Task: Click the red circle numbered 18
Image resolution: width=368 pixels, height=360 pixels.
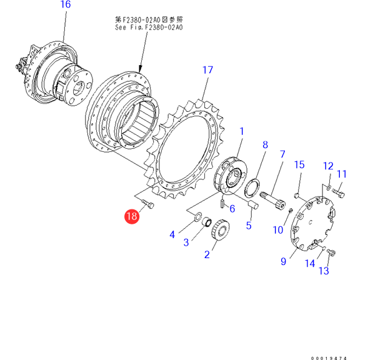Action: click(132, 216)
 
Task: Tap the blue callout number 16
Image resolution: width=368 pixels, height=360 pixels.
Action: click(66, 4)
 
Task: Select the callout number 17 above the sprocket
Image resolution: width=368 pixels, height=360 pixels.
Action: click(207, 70)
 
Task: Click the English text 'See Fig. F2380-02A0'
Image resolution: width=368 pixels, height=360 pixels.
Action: click(149, 27)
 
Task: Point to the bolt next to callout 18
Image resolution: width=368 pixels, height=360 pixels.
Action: click(148, 203)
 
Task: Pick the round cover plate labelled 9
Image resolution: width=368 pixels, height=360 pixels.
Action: click(312, 224)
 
